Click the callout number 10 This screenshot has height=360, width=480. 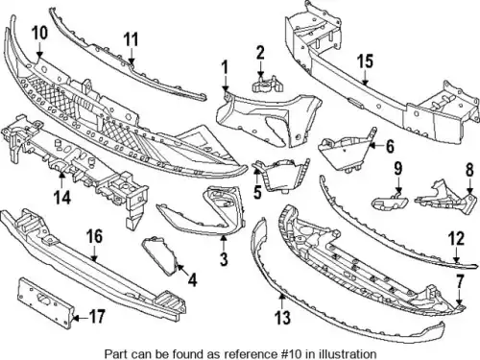click(39, 34)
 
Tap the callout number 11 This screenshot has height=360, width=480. click(131, 39)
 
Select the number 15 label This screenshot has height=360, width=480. click(366, 61)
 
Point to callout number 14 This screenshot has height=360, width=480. click(62, 197)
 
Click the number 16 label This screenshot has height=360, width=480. click(94, 237)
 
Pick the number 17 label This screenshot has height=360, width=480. click(96, 317)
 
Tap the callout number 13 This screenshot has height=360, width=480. click(282, 318)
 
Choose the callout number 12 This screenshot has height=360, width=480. click(456, 239)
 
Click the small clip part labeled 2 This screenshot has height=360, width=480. click(267, 84)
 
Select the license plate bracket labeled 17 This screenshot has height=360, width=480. click(46, 302)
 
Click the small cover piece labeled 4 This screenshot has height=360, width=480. click(160, 255)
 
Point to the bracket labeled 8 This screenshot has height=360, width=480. click(446, 198)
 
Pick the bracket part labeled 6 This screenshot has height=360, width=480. click(344, 151)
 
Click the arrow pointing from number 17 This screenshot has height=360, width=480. click(81, 318)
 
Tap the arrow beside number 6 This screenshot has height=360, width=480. click(376, 146)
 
